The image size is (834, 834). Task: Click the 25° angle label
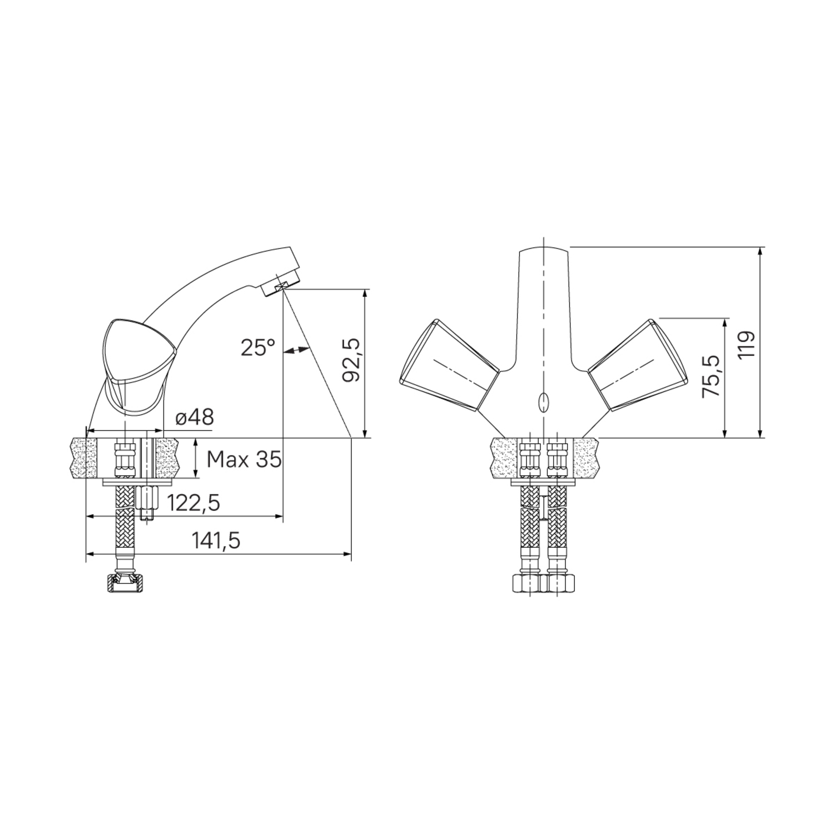coord(258,348)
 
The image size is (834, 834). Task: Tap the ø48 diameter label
coord(194,418)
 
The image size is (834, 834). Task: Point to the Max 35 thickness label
coord(244,459)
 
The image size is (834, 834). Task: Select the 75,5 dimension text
coord(711,376)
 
